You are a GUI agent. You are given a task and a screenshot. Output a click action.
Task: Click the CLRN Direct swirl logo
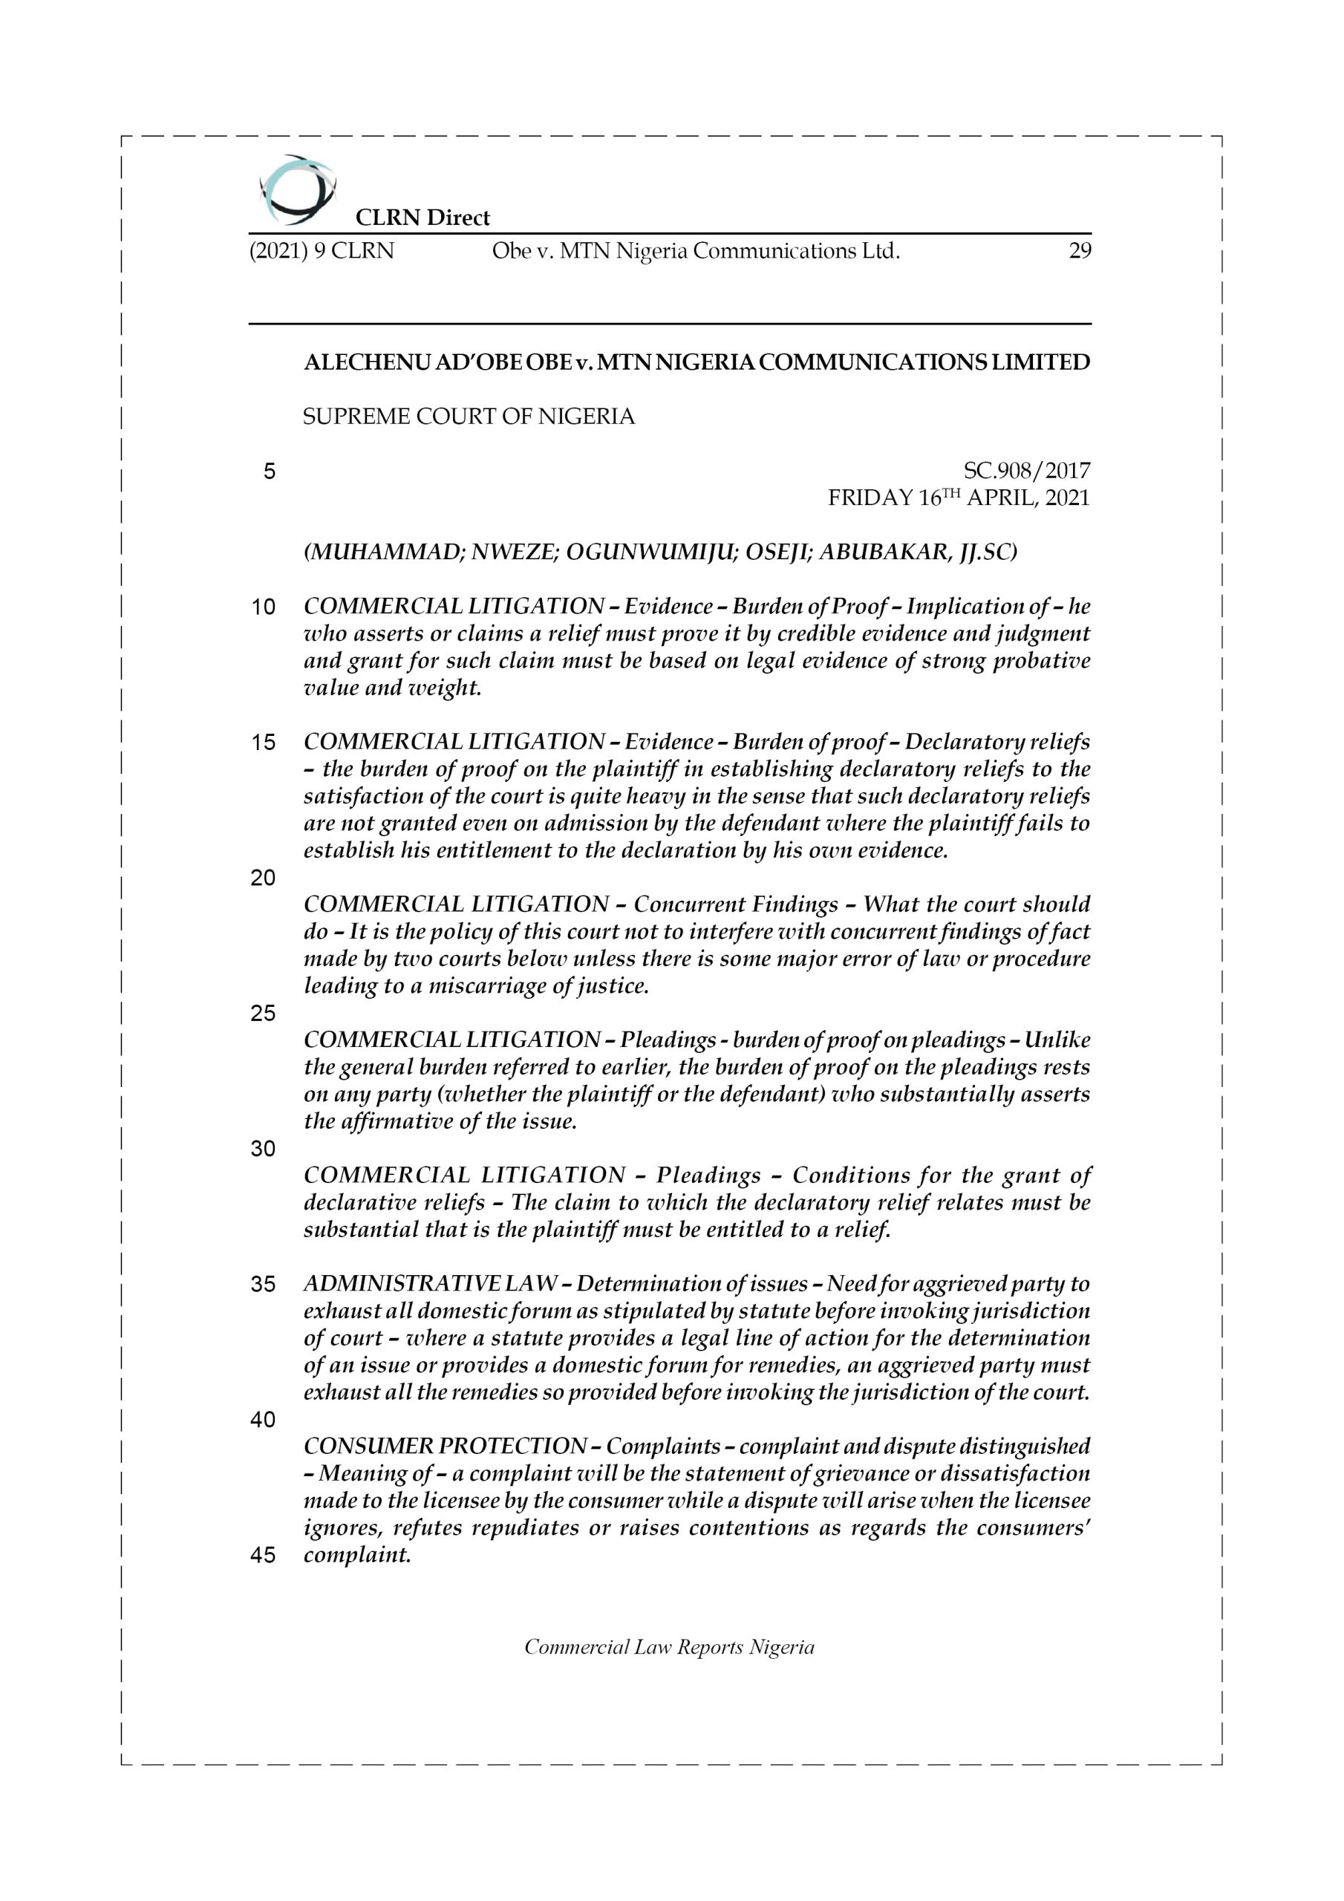pyautogui.click(x=296, y=189)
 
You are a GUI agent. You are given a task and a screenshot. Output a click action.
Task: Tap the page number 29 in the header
pyautogui.click(x=1080, y=251)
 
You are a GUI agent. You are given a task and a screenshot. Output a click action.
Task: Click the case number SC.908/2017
pyautogui.click(x=1027, y=471)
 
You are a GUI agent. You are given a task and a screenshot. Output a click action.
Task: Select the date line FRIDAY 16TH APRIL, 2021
pyautogui.click(x=959, y=498)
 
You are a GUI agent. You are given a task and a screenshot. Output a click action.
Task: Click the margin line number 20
pyautogui.click(x=263, y=878)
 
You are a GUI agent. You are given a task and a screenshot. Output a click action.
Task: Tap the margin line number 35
pyautogui.click(x=263, y=1284)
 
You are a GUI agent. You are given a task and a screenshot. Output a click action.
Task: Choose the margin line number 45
pyautogui.click(x=263, y=1556)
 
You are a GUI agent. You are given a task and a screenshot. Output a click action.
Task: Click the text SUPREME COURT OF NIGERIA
pyautogui.click(x=469, y=417)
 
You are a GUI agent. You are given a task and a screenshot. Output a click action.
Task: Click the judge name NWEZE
pyautogui.click(x=513, y=552)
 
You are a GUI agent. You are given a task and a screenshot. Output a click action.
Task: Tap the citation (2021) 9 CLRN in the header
pyautogui.click(x=322, y=251)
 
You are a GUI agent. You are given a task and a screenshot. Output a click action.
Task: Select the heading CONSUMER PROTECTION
pyautogui.click(x=445, y=1447)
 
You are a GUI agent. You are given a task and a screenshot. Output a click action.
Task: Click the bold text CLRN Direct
pyautogui.click(x=423, y=218)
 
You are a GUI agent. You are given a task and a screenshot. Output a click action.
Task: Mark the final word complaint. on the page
pyautogui.click(x=357, y=1555)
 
